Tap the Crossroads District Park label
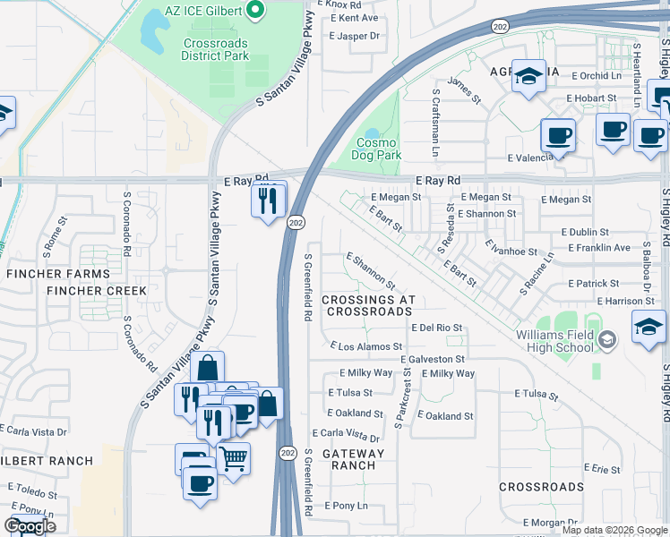click(214, 48)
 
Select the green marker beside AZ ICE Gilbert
click(254, 10)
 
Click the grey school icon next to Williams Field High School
click(607, 338)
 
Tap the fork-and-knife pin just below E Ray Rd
click(266, 200)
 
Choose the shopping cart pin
click(233, 458)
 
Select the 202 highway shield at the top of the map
click(499, 28)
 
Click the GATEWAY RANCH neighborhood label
click(353, 459)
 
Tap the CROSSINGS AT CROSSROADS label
click(368, 306)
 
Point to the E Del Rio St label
click(436, 328)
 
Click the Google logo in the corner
click(30, 526)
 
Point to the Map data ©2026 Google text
click(614, 530)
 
